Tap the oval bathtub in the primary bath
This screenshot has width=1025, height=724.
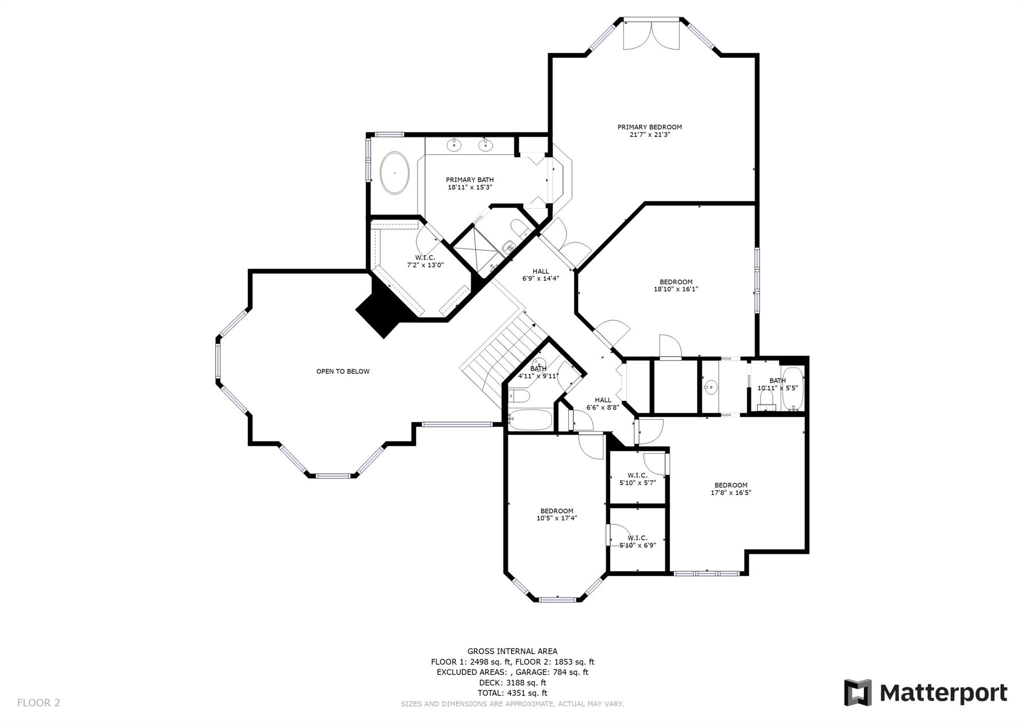pos(395,173)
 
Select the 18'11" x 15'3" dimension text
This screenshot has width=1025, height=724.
pos(469,188)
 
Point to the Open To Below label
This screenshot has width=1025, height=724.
pos(343,371)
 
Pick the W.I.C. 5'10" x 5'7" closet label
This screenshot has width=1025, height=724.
pos(637,479)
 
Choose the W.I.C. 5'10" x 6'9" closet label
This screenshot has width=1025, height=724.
pos(637,541)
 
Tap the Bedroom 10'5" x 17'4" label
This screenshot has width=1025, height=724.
pos(557,514)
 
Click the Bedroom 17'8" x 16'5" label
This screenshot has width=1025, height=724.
pos(731,488)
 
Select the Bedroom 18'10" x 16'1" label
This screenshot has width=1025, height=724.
pos(676,285)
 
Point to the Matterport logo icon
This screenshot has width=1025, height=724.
pos(858,692)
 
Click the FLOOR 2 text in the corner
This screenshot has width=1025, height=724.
pos(39,703)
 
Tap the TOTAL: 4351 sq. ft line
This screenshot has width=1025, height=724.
pos(512,693)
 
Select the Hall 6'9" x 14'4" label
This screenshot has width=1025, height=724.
pos(541,275)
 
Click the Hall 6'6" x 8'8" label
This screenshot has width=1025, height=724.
pos(603,403)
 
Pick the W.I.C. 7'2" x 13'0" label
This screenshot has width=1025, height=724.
pos(425,261)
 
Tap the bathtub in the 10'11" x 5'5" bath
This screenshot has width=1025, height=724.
pos(793,389)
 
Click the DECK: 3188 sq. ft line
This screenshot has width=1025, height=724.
pos(512,682)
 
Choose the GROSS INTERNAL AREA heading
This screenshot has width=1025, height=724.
pos(512,651)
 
